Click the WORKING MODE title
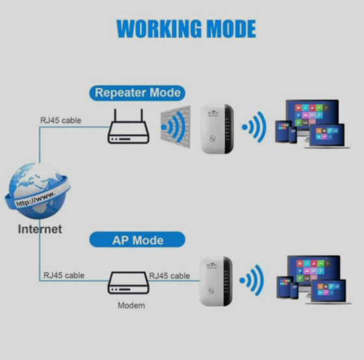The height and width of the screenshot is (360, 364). (185, 29)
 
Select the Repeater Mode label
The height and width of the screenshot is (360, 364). (137, 92)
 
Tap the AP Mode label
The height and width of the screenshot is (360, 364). (137, 240)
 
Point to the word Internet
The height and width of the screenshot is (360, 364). (40, 229)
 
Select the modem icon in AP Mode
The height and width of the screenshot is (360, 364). (127, 283)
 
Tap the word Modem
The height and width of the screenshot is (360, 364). (131, 305)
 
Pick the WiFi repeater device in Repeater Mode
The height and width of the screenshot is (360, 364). (216, 129)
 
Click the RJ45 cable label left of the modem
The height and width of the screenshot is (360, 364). (64, 276)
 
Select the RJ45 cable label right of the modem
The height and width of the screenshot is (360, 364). (170, 276)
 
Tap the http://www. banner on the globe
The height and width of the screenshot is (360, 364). (35, 198)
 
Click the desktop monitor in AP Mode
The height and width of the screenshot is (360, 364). (313, 269)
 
